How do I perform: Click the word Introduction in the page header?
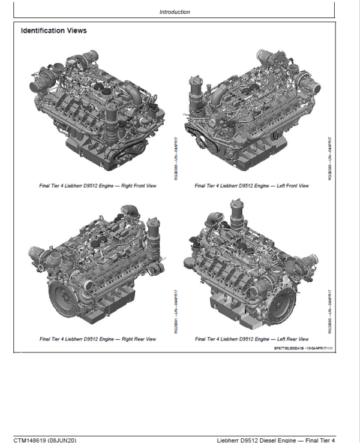[175, 12]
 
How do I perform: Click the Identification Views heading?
[53, 31]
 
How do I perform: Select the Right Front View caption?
[98, 186]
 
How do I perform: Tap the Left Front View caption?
[252, 186]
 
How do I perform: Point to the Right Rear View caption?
[98, 339]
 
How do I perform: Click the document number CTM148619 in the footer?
[34, 439]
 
